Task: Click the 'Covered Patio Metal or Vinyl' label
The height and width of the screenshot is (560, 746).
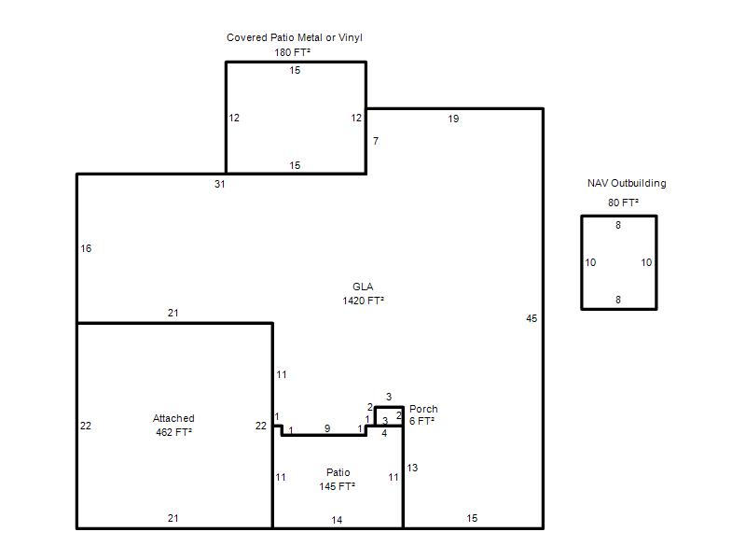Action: click(x=295, y=37)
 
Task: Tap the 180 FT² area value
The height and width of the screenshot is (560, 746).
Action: click(x=292, y=52)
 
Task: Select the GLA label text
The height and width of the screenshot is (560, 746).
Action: click(x=363, y=287)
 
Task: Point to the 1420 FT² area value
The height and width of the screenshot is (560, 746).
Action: click(x=363, y=301)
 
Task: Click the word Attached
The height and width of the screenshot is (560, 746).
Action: click(x=173, y=418)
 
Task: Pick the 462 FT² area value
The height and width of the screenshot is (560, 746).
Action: click(x=173, y=432)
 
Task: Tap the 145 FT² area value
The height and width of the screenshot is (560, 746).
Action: click(x=338, y=486)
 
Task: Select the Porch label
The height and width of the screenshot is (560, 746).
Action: click(x=423, y=409)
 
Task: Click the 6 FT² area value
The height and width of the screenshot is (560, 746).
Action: click(x=421, y=421)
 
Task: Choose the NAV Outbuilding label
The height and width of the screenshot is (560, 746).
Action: click(x=627, y=183)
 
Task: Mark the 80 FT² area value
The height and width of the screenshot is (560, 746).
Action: click(x=623, y=203)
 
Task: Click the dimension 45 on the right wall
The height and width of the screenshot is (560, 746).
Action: click(x=532, y=318)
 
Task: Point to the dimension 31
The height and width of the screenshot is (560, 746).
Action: click(x=219, y=184)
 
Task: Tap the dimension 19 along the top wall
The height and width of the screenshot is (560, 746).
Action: click(x=453, y=119)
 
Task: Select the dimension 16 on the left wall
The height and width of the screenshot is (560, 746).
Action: click(x=86, y=248)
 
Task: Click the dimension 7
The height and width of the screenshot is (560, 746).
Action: click(x=376, y=142)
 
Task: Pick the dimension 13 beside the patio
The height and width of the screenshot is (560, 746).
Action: click(x=412, y=469)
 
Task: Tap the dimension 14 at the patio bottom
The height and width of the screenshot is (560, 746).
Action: click(x=337, y=520)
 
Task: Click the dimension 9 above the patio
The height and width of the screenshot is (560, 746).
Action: click(x=327, y=428)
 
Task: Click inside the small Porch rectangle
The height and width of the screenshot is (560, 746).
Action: click(x=389, y=415)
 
